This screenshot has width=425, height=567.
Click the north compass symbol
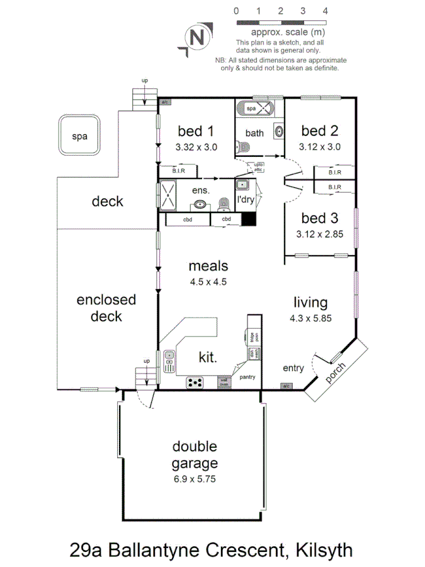(197, 37)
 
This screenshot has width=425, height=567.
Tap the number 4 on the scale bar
(325, 11)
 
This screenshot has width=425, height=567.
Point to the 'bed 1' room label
(196, 131)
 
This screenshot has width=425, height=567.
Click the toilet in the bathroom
(245, 147)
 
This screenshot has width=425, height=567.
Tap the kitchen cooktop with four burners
(195, 382)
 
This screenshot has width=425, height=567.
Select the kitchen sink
(169, 360)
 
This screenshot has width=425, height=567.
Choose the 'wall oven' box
(223, 382)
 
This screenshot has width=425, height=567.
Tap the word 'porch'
(337, 374)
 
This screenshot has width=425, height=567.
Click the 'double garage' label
(195, 455)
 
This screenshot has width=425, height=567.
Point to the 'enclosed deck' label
(106, 308)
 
